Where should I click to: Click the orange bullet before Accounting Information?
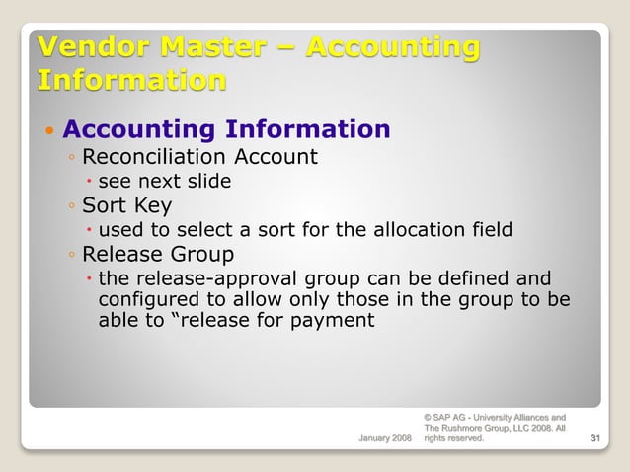pyautogui.click(x=48, y=130)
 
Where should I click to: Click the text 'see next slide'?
pyautogui.click(x=164, y=181)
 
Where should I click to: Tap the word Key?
pyautogui.click(x=151, y=205)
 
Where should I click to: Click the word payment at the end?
pyautogui.click(x=340, y=319)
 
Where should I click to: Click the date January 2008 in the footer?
pyautogui.click(x=384, y=438)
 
